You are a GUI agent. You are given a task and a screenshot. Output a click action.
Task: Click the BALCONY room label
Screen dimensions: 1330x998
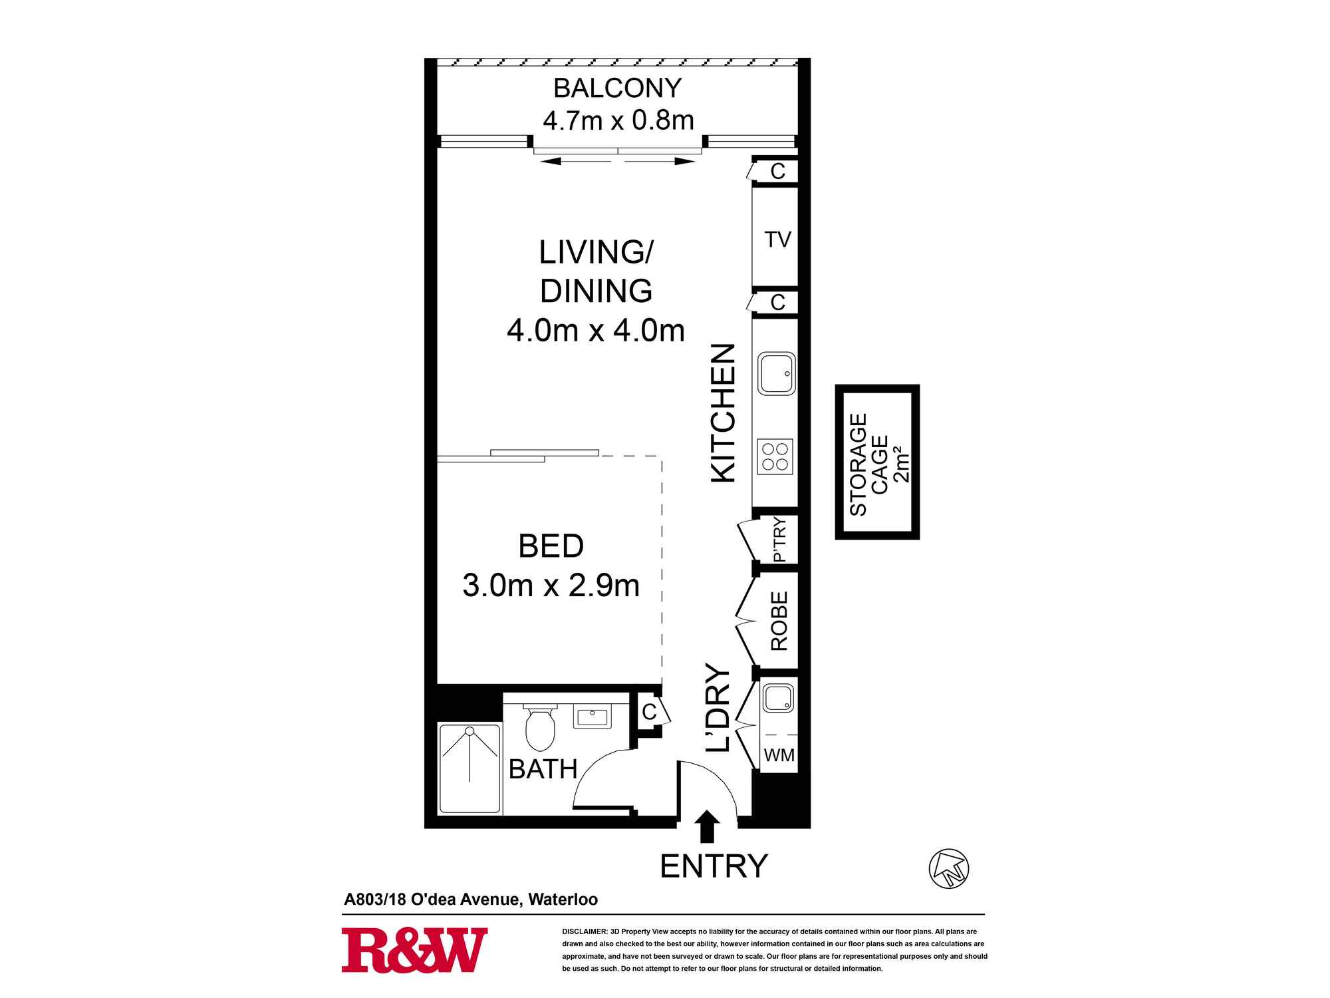(618, 88)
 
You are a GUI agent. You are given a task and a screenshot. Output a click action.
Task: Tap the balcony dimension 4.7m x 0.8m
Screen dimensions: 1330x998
(618, 120)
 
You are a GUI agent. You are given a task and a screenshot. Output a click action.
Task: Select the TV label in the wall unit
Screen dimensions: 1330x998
(777, 240)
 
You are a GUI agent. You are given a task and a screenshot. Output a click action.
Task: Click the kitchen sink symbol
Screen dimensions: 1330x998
(777, 373)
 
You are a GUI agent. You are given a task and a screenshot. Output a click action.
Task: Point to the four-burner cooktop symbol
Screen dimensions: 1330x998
(775, 456)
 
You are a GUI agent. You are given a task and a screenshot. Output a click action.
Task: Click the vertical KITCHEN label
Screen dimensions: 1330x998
(724, 413)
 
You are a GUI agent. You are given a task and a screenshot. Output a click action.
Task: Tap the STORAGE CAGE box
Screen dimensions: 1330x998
(877, 462)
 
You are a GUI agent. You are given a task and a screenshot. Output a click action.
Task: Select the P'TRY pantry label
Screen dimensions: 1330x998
(779, 540)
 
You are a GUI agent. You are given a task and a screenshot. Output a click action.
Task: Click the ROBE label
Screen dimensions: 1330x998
(779, 621)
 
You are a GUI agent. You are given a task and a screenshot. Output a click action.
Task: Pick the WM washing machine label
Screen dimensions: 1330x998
(779, 756)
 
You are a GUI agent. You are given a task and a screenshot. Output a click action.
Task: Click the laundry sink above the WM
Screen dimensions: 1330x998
(778, 698)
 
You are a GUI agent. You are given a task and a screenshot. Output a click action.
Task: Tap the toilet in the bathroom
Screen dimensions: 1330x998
(539, 727)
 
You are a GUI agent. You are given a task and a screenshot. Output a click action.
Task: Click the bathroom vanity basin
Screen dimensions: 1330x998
(592, 717)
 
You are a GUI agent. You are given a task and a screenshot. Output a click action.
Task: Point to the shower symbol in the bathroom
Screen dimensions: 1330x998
(469, 768)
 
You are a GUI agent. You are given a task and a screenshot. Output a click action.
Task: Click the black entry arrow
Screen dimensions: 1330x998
(707, 826)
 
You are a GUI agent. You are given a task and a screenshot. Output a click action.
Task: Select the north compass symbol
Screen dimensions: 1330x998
(948, 868)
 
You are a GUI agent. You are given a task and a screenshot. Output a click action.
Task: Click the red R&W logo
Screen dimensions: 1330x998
(414, 950)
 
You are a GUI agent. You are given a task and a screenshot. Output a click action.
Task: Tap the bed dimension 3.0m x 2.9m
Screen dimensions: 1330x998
(551, 585)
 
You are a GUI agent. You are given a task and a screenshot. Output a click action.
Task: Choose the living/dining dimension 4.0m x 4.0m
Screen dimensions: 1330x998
(596, 331)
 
